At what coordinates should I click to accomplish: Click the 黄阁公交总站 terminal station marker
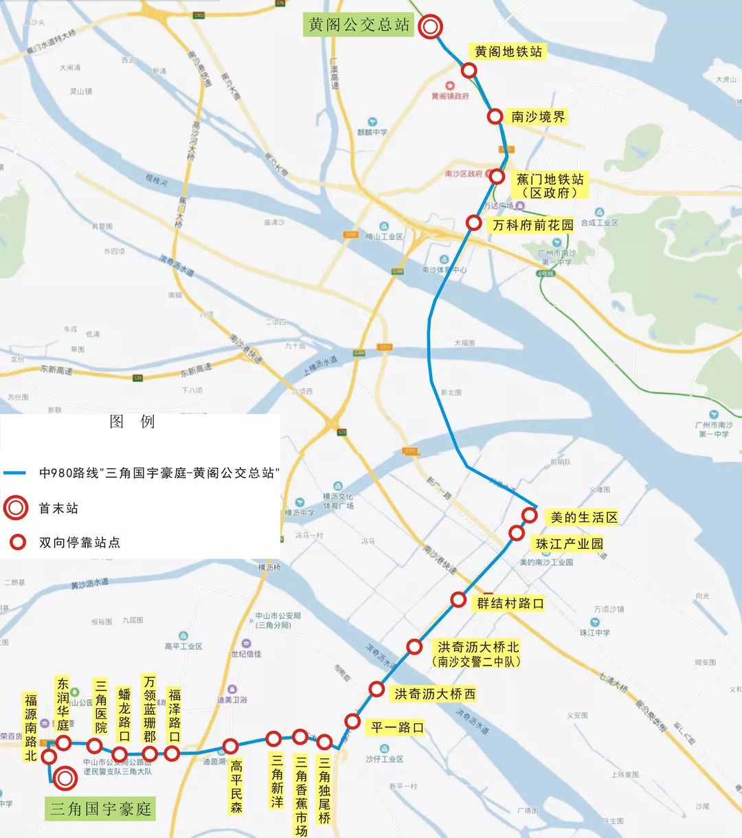click(431, 27)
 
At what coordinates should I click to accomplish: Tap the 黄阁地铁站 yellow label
click(508, 52)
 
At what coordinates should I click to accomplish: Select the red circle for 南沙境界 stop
click(495, 117)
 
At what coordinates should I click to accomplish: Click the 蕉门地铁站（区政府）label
click(550, 185)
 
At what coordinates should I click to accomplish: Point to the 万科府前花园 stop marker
click(473, 223)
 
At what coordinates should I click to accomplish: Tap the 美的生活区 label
click(584, 517)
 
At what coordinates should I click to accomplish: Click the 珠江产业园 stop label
click(570, 544)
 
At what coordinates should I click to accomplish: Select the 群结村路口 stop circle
click(458, 600)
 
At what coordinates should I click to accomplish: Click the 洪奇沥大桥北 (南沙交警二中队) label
click(477, 654)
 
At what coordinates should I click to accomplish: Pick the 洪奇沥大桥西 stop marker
click(376, 689)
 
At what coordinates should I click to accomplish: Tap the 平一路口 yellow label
click(397, 727)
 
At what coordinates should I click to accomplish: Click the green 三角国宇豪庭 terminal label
click(100, 808)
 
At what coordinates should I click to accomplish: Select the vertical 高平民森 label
click(236, 786)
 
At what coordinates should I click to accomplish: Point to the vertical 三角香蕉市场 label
click(301, 795)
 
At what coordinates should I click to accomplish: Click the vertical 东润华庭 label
click(63, 704)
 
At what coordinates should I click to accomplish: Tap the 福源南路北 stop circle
click(49, 757)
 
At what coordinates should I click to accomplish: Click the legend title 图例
click(132, 421)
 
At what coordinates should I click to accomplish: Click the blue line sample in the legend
click(14, 473)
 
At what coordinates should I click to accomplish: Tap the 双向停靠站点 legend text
click(79, 543)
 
